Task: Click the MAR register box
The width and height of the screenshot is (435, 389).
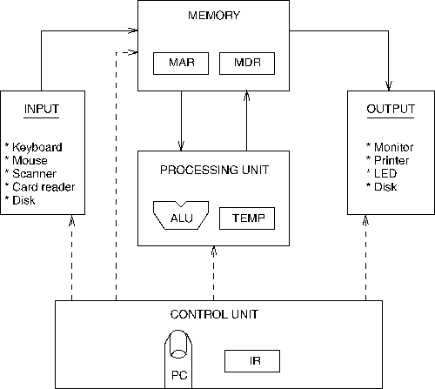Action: click(x=181, y=64)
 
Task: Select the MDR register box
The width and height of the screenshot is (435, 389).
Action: click(x=247, y=64)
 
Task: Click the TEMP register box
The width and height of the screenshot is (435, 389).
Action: click(x=247, y=217)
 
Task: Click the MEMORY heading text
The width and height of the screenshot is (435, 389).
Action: click(x=213, y=16)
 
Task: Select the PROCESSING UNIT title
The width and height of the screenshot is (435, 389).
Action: click(x=213, y=169)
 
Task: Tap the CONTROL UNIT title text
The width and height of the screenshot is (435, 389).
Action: click(x=213, y=314)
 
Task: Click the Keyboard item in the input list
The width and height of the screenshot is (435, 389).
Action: click(x=37, y=147)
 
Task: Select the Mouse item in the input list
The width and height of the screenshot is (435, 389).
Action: click(x=30, y=160)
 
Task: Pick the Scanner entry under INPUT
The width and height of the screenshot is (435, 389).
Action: click(x=34, y=173)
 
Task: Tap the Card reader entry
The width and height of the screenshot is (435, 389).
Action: click(x=43, y=186)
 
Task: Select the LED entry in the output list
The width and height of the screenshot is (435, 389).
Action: click(x=383, y=173)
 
